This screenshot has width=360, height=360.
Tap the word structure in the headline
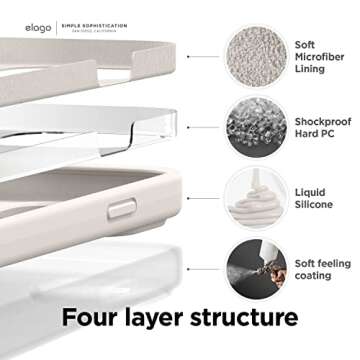coord(249,319)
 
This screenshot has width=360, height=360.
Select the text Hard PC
coord(315,136)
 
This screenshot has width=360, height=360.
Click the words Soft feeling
coord(321,262)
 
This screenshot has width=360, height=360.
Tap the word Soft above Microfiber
coord(305,44)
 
